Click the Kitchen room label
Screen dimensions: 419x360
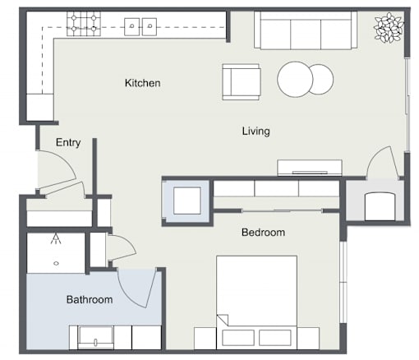tap(142, 83)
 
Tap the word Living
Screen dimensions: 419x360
tap(256, 132)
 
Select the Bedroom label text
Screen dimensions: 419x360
tap(263, 233)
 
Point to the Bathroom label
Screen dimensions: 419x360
tap(90, 299)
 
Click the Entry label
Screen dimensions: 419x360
tap(68, 142)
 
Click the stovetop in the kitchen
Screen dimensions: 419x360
tap(84, 24)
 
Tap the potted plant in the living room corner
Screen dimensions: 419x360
tap(389, 28)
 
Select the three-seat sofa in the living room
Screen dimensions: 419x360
tap(306, 30)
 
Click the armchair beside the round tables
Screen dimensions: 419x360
tap(241, 82)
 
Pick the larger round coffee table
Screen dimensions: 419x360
tap(295, 79)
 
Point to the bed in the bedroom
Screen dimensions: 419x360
tap(257, 302)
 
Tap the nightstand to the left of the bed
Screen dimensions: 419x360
tap(205, 338)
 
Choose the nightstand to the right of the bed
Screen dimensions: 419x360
tap(308, 338)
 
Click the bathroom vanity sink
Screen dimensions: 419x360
tap(95, 337)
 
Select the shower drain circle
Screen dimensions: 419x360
tap(56, 263)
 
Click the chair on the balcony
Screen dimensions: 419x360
tap(380, 206)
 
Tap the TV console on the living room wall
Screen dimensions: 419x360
tap(310, 168)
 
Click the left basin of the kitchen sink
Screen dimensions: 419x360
tap(132, 26)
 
